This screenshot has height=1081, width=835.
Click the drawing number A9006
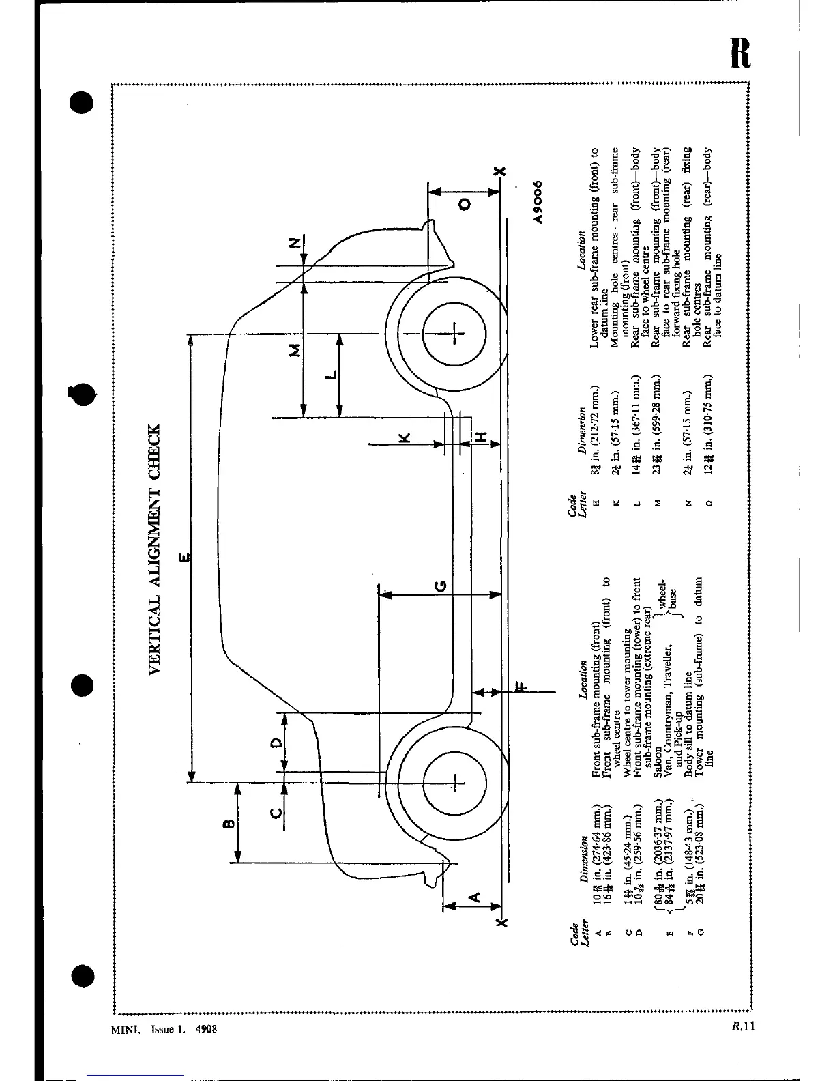(538, 202)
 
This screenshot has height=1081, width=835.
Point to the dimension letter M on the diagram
(295, 351)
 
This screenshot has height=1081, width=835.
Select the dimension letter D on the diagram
(275, 742)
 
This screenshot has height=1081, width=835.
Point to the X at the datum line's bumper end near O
(501, 171)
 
